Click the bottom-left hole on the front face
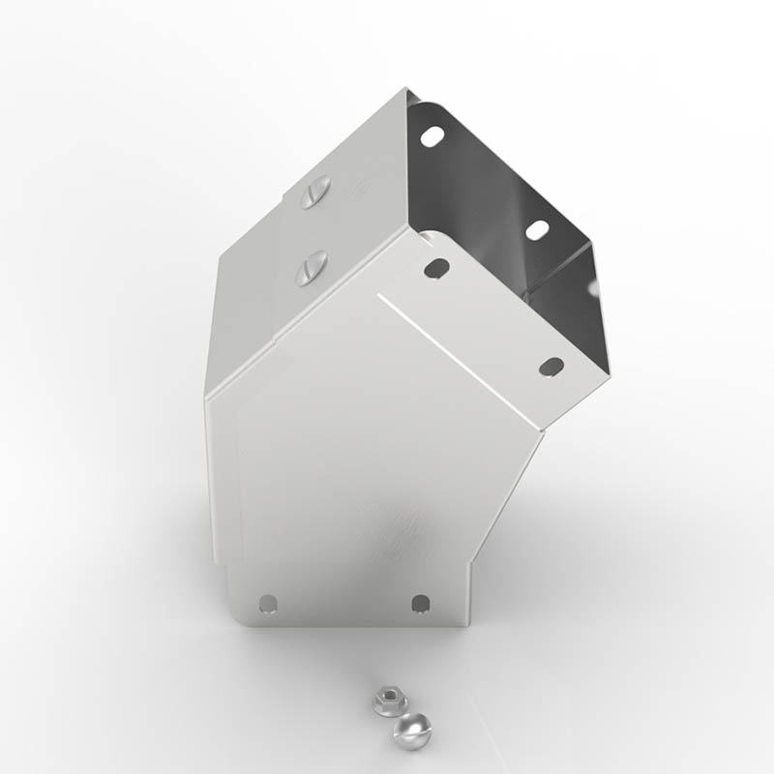(x=268, y=605)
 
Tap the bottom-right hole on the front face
(x=420, y=604)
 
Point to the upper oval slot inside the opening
(x=432, y=136)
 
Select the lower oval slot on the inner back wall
(x=536, y=229)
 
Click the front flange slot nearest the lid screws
(x=436, y=268)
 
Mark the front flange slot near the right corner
(x=551, y=367)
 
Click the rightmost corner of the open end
(x=610, y=372)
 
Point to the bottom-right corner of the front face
(x=468, y=624)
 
